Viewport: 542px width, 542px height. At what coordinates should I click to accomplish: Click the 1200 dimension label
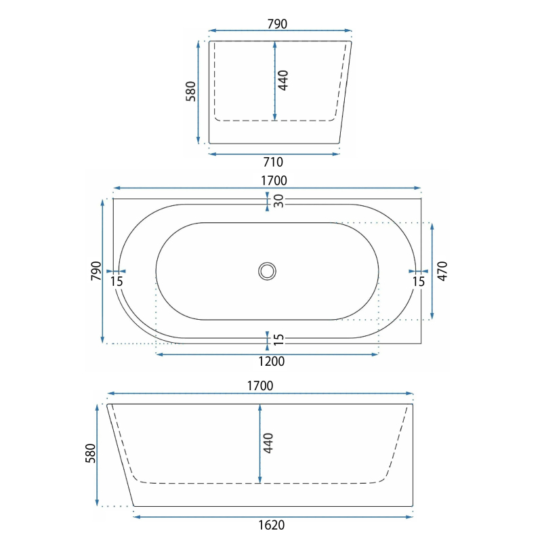pyautogui.click(x=272, y=362)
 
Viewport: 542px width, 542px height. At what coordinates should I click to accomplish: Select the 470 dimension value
pyautogui.click(x=442, y=271)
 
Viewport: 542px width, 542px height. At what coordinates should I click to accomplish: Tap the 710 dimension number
pyautogui.click(x=273, y=162)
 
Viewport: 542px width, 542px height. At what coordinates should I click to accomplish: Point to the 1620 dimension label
pyautogui.click(x=272, y=525)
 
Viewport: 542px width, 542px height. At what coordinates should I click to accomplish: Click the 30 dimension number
pyautogui.click(x=278, y=201)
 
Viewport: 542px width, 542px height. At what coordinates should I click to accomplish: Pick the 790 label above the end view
pyautogui.click(x=277, y=24)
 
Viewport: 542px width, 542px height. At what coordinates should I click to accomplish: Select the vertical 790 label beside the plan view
pyautogui.click(x=96, y=271)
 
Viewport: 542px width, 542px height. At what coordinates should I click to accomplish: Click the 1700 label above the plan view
pyautogui.click(x=274, y=180)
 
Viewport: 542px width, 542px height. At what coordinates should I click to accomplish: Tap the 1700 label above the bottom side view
pyautogui.click(x=260, y=385)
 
